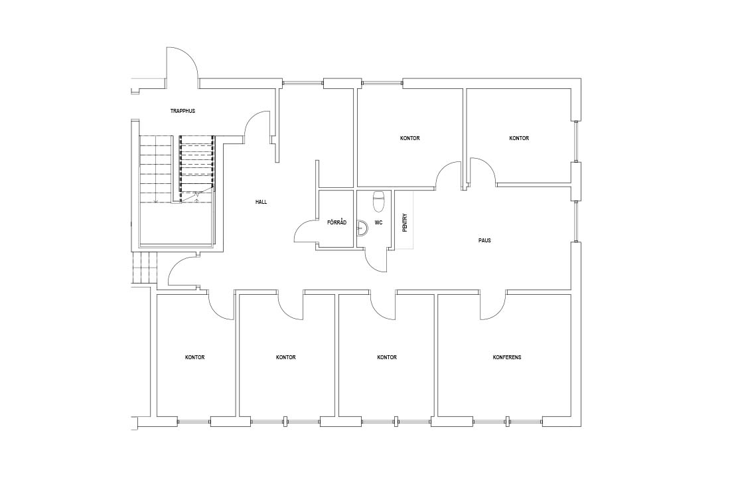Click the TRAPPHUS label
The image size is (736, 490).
click(183, 112)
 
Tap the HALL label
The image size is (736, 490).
click(261, 202)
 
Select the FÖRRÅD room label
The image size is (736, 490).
click(336, 222)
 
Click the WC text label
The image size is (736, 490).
click(378, 222)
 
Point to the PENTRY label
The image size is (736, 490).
click(405, 222)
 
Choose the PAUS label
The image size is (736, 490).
click(485, 240)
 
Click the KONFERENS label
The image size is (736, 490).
click(507, 357)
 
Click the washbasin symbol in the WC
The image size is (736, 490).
click(362, 227)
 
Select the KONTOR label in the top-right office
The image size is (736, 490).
click(519, 138)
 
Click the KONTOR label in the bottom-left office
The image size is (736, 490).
click(195, 357)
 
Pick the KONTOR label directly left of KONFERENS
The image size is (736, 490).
click(387, 357)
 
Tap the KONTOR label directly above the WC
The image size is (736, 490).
click(409, 138)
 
